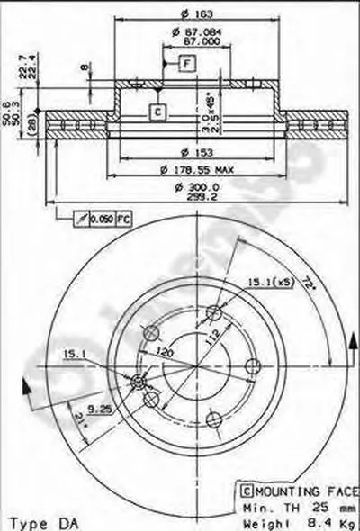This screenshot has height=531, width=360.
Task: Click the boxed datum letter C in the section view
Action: coord(156,112)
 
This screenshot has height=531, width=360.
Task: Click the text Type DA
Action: coord(35,522)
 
